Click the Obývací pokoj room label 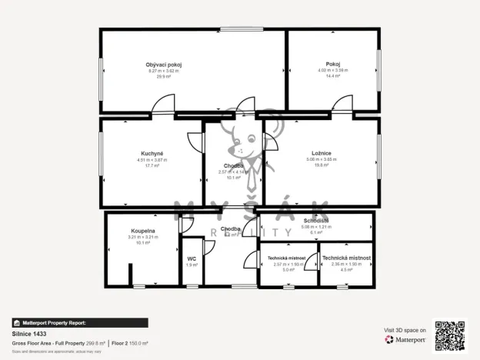click(164, 64)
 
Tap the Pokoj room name click(333, 64)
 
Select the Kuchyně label click(152, 153)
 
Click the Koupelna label click(143, 230)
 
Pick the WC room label click(192, 258)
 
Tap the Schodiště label click(317, 220)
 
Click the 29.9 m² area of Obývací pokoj click(163, 77)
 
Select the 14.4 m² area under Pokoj click(333, 77)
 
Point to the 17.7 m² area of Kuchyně click(152, 165)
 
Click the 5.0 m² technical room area click(288, 270)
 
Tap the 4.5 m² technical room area click(346, 270)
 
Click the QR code click(449, 335)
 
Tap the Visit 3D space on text click(405, 329)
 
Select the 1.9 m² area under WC click(192, 265)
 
